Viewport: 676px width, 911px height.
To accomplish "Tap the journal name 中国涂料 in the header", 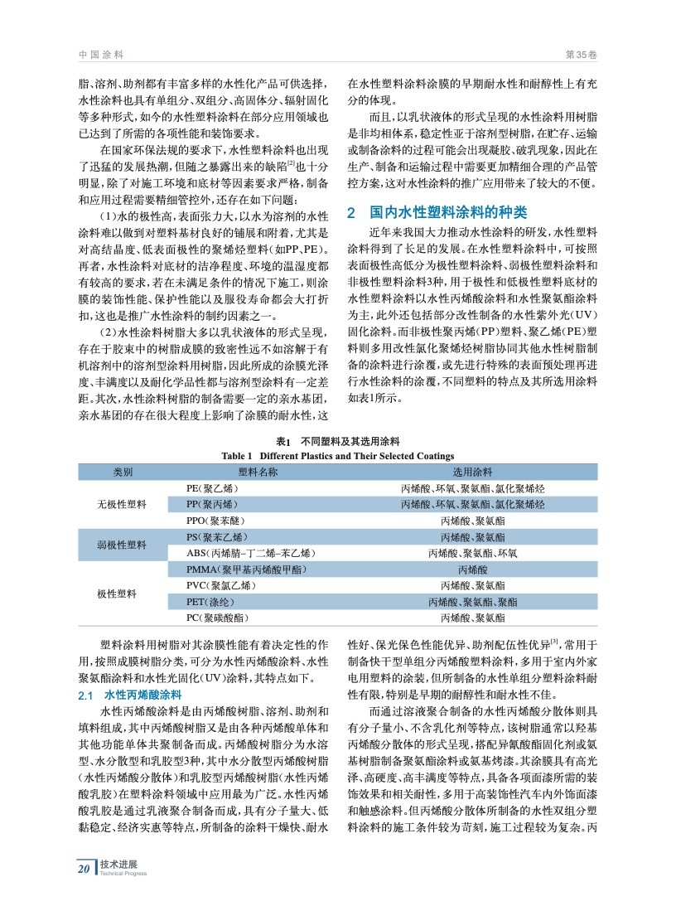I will [x=100, y=54].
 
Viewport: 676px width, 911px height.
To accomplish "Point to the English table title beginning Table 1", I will [x=338, y=456].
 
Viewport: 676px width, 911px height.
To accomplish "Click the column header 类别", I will [x=123, y=472].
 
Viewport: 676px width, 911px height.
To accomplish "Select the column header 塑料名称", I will [x=258, y=472].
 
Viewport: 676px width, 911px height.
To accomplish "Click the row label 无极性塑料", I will [x=123, y=504].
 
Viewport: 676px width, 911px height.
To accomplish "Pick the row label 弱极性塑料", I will [x=123, y=545].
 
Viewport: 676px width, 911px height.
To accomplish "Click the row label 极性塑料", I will [x=123, y=594].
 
